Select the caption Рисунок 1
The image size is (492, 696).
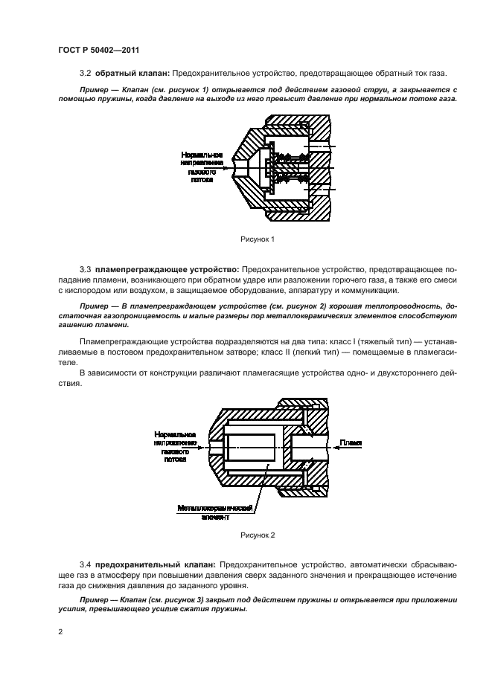pos(258,239)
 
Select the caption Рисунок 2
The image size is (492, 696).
pos(258,535)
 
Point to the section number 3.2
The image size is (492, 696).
pos(84,73)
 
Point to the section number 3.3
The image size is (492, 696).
pos(84,267)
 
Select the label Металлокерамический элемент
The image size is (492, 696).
pos(216,512)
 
